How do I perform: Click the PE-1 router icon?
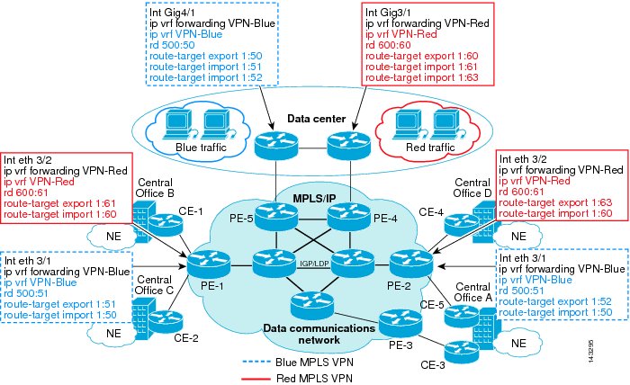(204, 264)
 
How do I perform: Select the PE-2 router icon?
(404, 262)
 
